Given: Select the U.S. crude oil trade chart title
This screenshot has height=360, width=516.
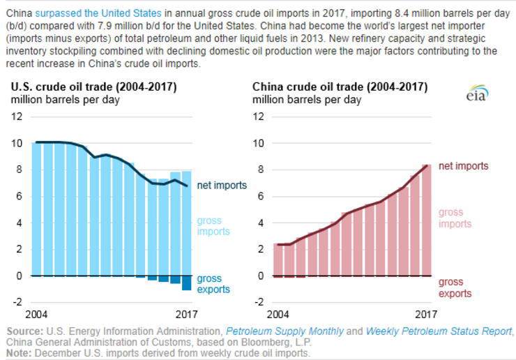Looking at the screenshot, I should pyautogui.click(x=93, y=87).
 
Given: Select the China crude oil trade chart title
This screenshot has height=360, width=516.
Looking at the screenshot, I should pyautogui.click(x=340, y=87).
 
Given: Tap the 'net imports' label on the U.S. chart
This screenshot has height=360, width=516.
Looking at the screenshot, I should pyautogui.click(x=222, y=186).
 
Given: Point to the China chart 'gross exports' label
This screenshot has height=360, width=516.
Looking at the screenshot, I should pyautogui.click(x=455, y=287).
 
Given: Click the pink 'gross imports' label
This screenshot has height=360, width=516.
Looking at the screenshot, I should pyautogui.click(x=455, y=218).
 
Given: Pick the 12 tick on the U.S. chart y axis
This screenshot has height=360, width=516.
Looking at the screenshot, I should pyautogui.click(x=17, y=116).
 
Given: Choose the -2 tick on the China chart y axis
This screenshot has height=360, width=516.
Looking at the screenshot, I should pyautogui.click(x=258, y=302).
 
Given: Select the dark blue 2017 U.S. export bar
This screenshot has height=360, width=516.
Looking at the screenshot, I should pyautogui.click(x=187, y=283).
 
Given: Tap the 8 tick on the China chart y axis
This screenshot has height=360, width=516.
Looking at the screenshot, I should pyautogui.click(x=261, y=170).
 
